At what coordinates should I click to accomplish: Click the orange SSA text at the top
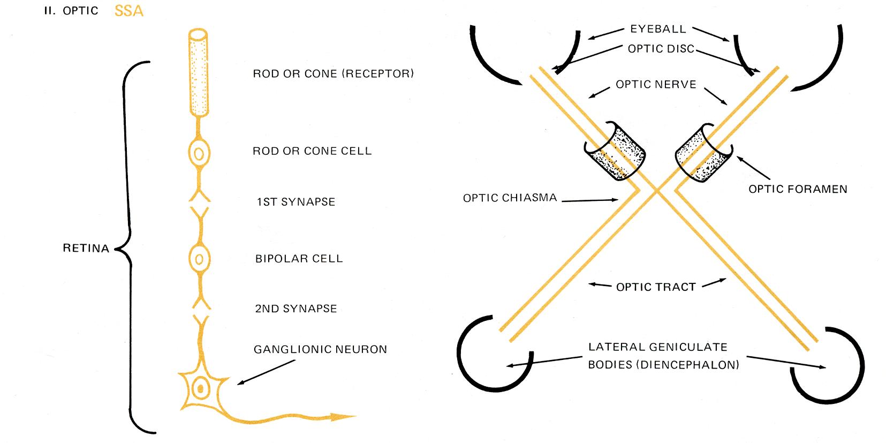tap(128, 11)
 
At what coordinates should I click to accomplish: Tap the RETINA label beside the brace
tap(86, 248)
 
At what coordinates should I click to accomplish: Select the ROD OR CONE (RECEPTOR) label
tap(333, 73)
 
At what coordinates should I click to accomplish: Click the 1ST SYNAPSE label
tap(296, 202)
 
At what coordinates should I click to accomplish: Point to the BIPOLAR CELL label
tap(299, 259)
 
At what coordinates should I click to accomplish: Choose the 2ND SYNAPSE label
tap(296, 309)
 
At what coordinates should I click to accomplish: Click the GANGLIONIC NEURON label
tap(320, 349)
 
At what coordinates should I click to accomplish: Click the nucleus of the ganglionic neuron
tap(201, 388)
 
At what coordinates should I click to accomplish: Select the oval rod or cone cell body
tap(199, 154)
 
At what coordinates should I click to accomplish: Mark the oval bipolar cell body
tap(199, 259)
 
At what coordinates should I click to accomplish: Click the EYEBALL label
tap(658, 29)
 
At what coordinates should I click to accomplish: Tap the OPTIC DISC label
tap(661, 49)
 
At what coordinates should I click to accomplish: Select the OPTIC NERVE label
tap(656, 85)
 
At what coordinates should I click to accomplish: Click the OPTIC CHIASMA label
tap(510, 198)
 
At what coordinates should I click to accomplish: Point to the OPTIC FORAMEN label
tap(798, 189)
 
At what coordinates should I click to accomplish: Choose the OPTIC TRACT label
tap(656, 287)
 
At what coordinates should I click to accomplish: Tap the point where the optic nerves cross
tap(657, 190)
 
